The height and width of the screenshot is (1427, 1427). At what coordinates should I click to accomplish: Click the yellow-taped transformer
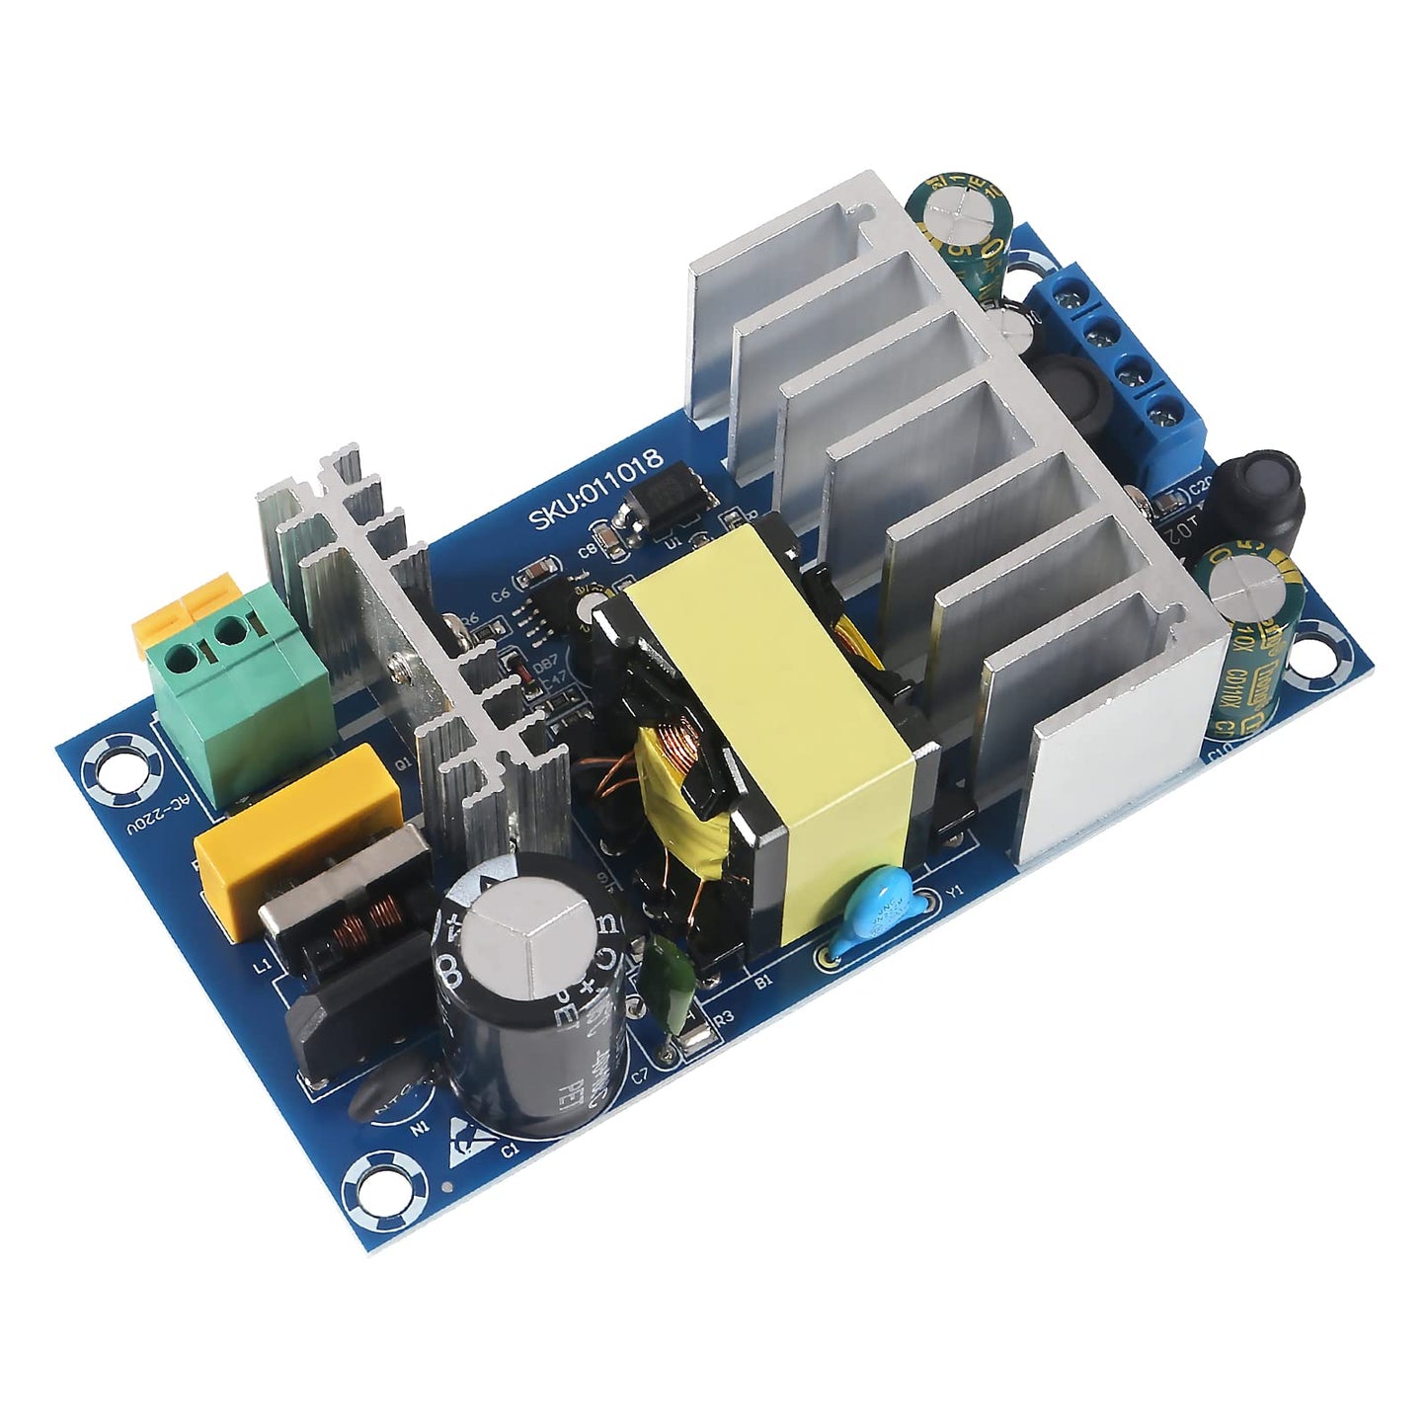(780, 751)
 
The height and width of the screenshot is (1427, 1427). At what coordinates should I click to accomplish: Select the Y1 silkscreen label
(954, 893)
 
